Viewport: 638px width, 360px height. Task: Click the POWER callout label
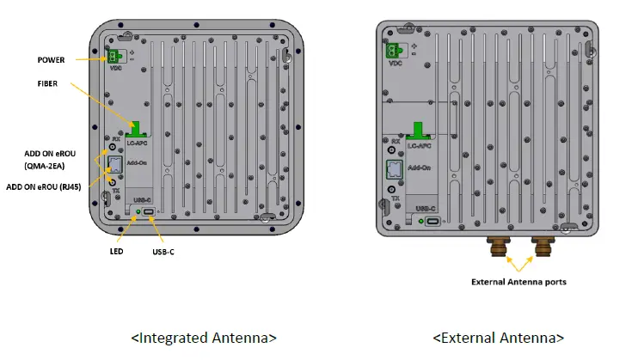50,59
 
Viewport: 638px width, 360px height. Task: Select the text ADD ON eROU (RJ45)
40,186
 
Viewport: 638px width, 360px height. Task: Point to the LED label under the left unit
116,251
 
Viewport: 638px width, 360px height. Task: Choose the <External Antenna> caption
500,337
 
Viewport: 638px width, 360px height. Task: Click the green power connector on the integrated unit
113,56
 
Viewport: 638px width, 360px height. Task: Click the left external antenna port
498,246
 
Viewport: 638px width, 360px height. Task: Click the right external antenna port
543,246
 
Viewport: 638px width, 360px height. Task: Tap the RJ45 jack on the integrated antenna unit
113,165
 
